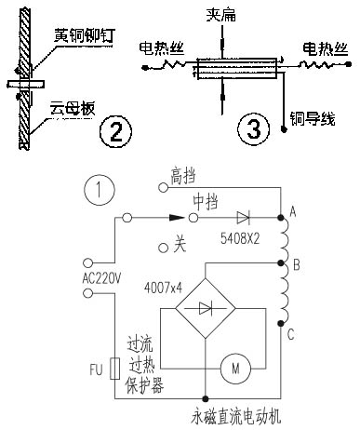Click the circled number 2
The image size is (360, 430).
point(114,133)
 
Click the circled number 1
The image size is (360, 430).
point(98,192)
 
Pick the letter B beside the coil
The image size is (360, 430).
point(295,267)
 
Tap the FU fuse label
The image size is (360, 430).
point(96,369)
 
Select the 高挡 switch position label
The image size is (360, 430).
point(185,174)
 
